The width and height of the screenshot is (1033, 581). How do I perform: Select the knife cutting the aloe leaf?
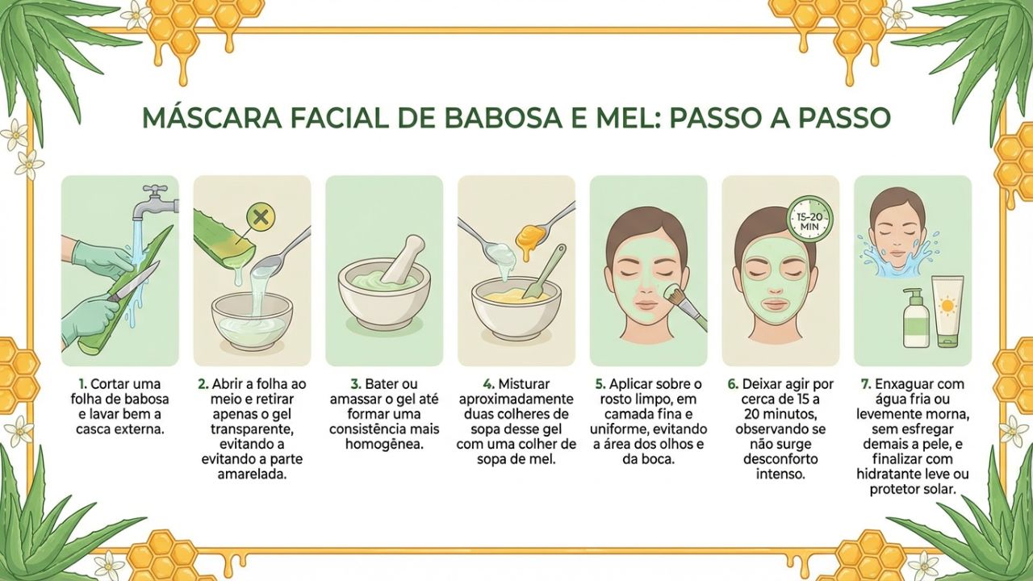pos(134,283)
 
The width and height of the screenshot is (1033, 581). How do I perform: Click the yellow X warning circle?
pos(260,216)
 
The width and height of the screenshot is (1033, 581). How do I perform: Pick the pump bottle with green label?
pos(915,320)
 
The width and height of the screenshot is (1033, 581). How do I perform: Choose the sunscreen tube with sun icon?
pos(947,311)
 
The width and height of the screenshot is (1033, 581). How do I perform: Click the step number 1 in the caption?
pos(82,385)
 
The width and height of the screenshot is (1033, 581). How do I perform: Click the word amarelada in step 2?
pos(252,475)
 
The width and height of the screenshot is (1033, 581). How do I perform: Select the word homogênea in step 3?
pos(384,445)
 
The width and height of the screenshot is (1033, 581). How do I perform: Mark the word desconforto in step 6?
pos(780,459)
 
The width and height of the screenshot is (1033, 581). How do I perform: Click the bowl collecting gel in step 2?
pos(252,320)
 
